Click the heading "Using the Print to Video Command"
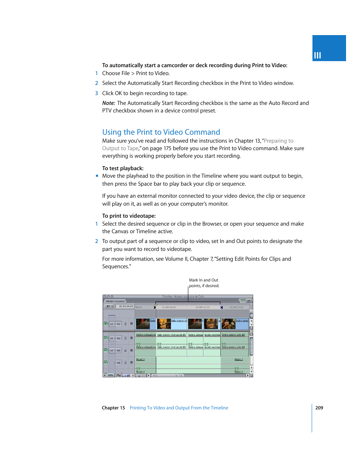click(x=161, y=132)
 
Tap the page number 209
click(x=319, y=408)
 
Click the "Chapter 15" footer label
click(x=113, y=408)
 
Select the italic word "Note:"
click(x=108, y=103)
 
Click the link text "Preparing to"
click(x=278, y=141)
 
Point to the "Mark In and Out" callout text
click(x=203, y=280)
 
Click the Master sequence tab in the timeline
click(x=115, y=301)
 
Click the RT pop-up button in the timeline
click(x=109, y=306)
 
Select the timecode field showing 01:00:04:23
click(x=126, y=306)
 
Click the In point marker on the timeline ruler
click(x=155, y=307)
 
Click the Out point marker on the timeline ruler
click(x=222, y=307)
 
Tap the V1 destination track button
click(x=118, y=324)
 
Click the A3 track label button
click(x=118, y=363)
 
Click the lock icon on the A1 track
click(x=126, y=338)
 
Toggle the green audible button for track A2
click(x=106, y=350)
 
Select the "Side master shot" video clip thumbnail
click(x=164, y=324)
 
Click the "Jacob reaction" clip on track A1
click(x=212, y=335)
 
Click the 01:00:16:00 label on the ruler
click(x=203, y=307)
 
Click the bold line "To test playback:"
click(x=123, y=168)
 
